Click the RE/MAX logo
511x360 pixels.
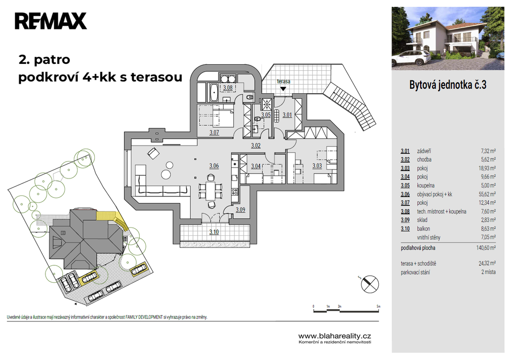51,21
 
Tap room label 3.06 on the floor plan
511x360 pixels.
214,166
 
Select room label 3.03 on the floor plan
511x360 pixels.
317,166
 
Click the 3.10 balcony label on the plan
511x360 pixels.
214,232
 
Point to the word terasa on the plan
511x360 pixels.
283,81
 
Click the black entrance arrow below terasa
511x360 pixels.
283,89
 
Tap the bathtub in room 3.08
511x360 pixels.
214,93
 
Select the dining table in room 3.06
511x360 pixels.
210,190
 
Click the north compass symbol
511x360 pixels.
370,284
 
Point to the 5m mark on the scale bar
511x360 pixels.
378,307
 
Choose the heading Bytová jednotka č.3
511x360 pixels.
448,85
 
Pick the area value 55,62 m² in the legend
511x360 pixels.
487,194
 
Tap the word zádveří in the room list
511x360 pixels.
424,151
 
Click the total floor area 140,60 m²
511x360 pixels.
486,248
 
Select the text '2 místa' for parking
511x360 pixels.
489,272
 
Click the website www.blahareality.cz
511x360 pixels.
335,336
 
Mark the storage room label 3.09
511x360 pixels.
240,210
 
